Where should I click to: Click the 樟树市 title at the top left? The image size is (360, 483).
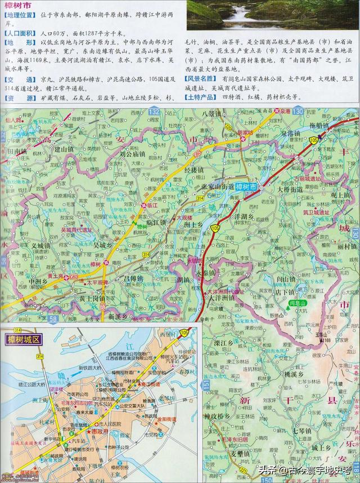click(16, 5)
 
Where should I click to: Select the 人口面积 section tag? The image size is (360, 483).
click(20, 34)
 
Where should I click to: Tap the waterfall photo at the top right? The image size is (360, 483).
click(272, 15)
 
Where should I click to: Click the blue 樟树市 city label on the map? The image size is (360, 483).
click(245, 187)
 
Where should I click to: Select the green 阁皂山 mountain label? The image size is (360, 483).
click(297, 303)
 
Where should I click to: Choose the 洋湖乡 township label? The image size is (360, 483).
click(244, 216)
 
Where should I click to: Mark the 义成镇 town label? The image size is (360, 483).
click(40, 245)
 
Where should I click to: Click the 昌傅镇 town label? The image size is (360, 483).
click(133, 278)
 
